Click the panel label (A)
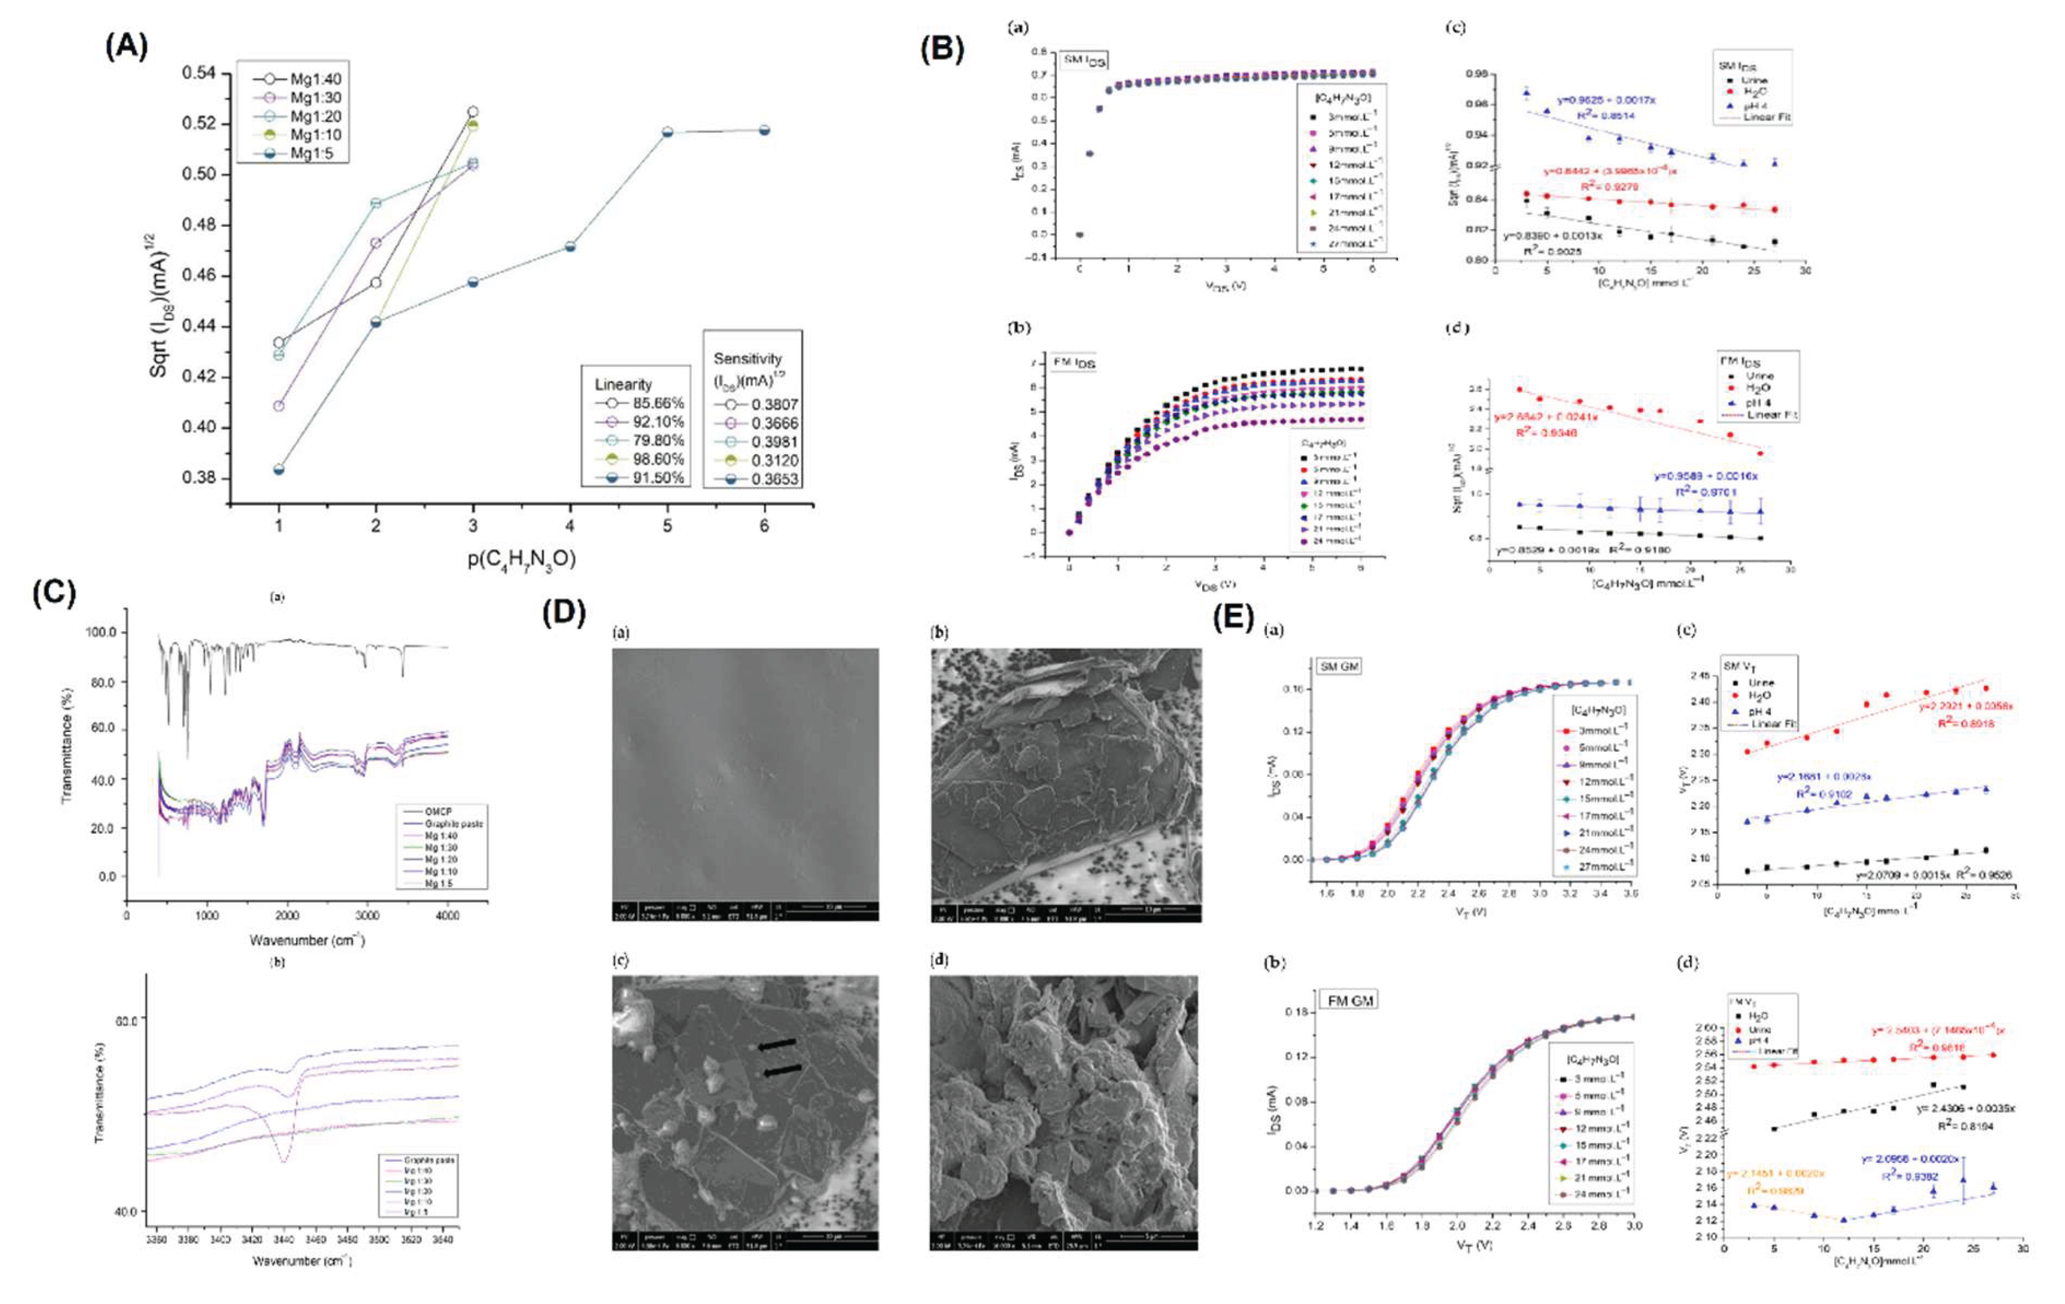coord(126,45)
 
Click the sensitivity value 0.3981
coord(774,441)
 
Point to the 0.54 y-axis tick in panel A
coord(198,73)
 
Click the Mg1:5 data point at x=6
coord(764,130)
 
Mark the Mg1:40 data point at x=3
coord(473,112)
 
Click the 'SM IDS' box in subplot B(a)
coord(1084,60)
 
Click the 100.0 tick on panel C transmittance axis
coord(101,632)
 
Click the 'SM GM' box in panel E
coord(1339,666)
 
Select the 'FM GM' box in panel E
coord(1350,1001)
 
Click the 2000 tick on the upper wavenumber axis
coord(287,914)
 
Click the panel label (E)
coord(1234,617)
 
